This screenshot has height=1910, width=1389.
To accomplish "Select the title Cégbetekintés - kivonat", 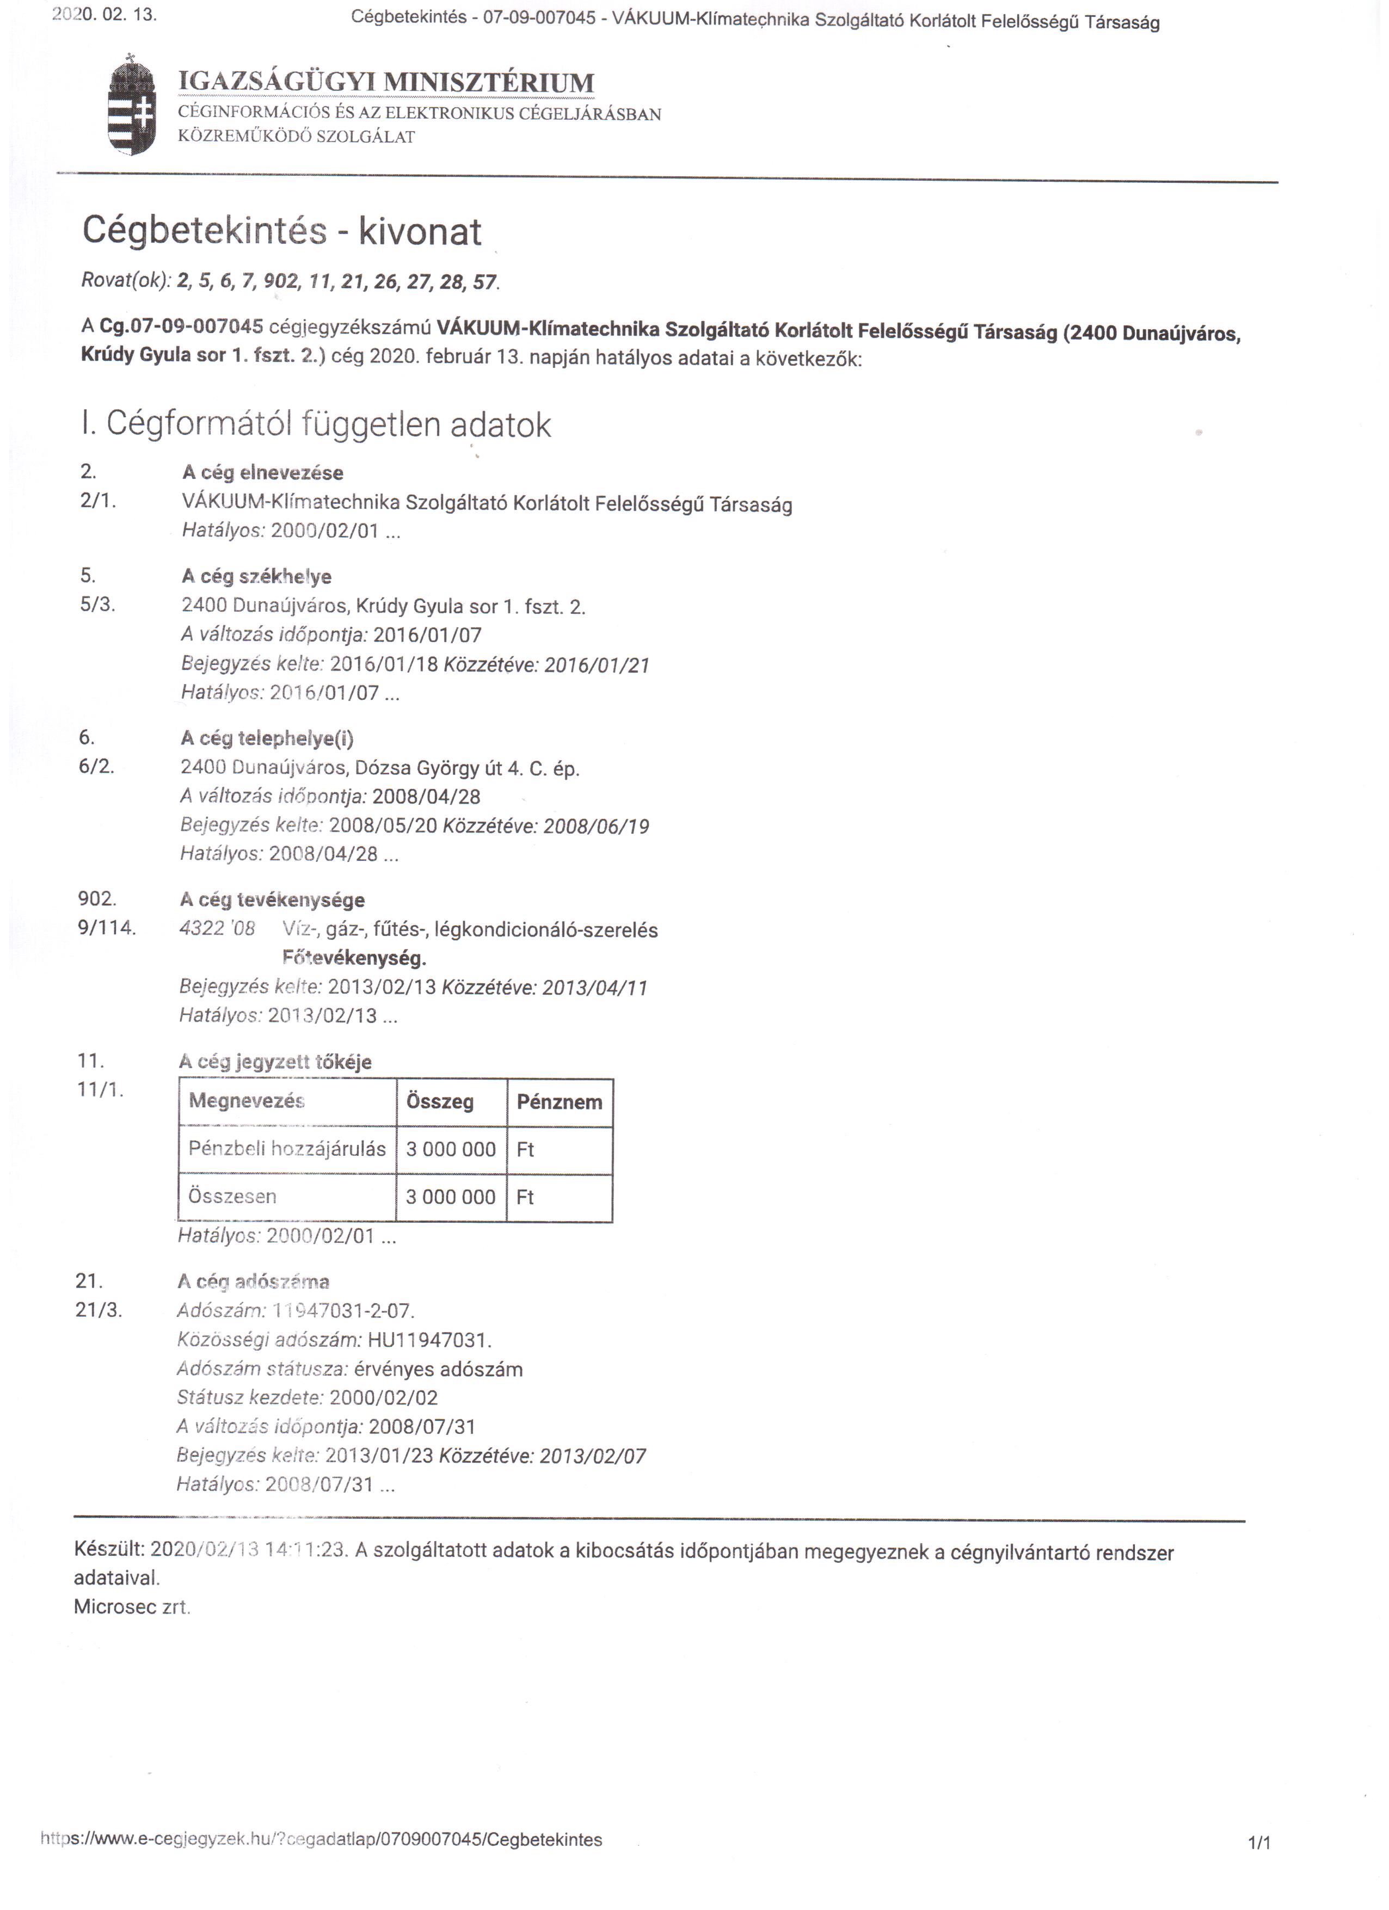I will tap(281, 231).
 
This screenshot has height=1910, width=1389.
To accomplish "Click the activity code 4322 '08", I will tap(217, 929).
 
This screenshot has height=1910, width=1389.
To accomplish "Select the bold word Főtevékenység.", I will tap(355, 958).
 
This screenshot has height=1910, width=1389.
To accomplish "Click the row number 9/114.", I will tap(106, 928).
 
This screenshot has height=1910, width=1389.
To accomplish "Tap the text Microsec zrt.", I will tap(132, 1607).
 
